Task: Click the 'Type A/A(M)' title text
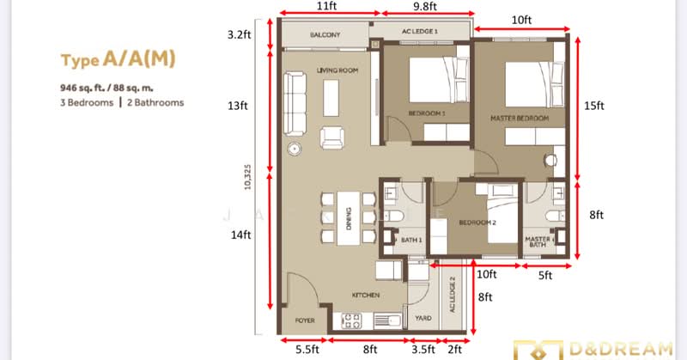(x=119, y=60)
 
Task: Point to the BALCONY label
(x=325, y=35)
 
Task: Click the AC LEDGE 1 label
(x=420, y=31)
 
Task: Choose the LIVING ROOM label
(x=337, y=70)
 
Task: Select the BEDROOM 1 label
(x=427, y=113)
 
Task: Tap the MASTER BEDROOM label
(x=519, y=117)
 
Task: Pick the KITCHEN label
(x=365, y=296)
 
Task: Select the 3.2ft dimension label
(x=239, y=36)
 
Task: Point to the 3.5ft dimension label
(x=423, y=350)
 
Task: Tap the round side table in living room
(x=295, y=149)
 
